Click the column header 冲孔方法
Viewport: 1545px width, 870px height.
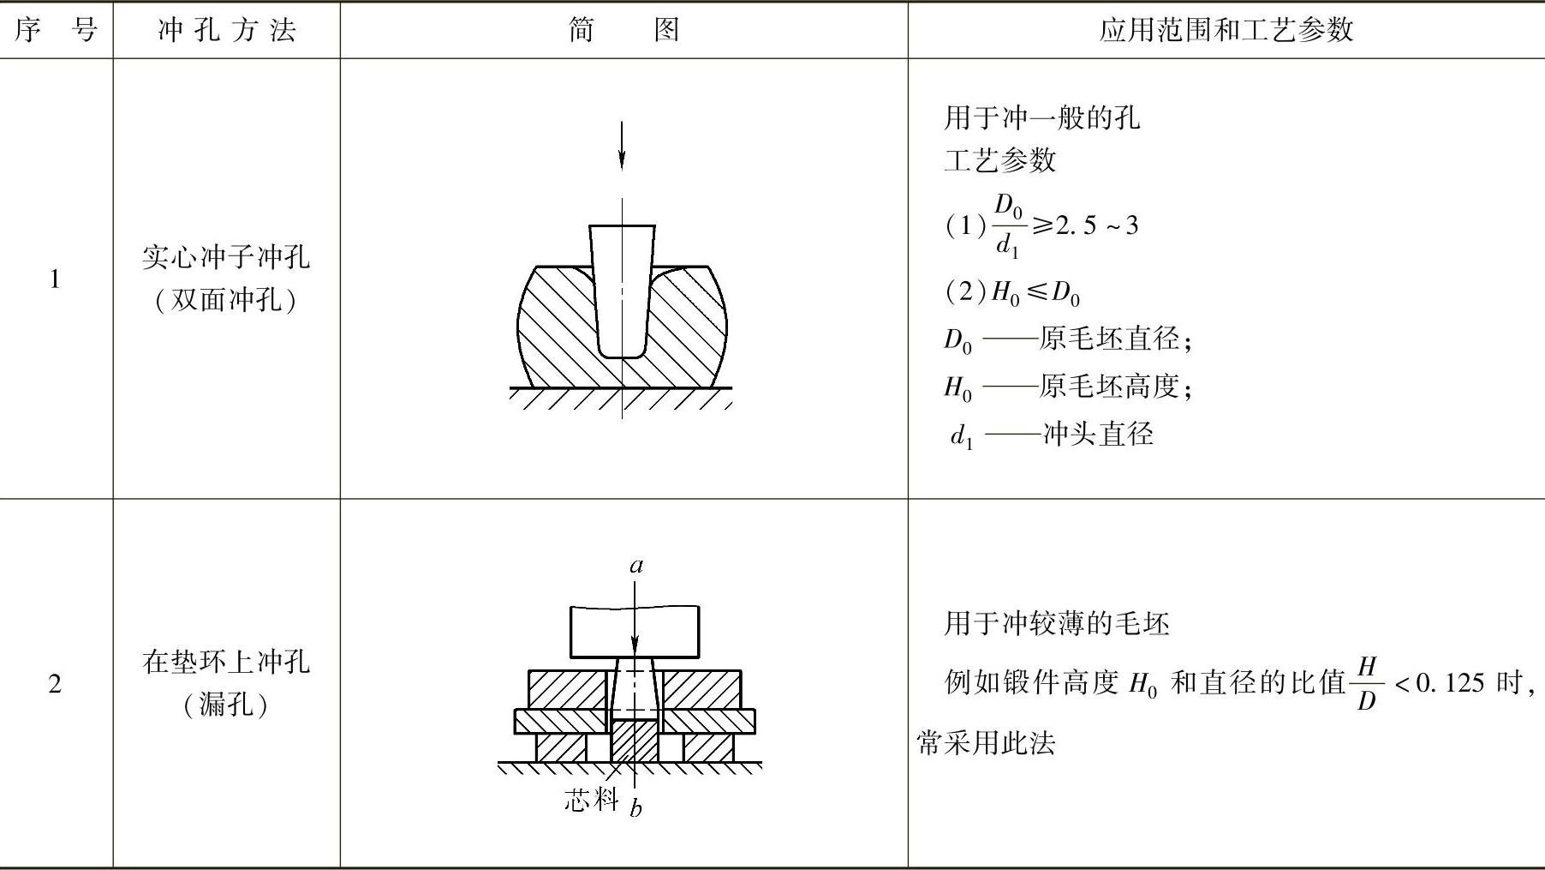[227, 31]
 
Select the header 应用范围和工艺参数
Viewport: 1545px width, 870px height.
[1226, 31]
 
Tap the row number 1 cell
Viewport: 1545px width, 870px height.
[55, 279]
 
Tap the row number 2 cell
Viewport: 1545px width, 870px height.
[55, 684]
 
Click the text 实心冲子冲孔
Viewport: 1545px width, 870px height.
[226, 257]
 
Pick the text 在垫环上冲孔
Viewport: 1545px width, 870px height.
[226, 662]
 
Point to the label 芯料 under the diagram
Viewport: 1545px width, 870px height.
[590, 800]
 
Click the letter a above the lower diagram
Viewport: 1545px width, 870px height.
[635, 566]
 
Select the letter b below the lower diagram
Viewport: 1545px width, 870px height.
[635, 807]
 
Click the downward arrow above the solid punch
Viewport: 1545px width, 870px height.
[622, 146]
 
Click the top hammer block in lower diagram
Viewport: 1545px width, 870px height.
[634, 631]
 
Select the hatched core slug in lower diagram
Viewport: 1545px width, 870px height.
[635, 741]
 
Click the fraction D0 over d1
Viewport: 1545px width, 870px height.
[1008, 226]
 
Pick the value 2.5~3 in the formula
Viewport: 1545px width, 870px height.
[1096, 226]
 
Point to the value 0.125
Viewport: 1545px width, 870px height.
[1449, 683]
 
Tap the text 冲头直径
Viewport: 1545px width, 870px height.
[1098, 434]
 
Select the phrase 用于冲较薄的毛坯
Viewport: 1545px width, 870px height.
[1057, 623]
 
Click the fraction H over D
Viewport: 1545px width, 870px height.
[1367, 683]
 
